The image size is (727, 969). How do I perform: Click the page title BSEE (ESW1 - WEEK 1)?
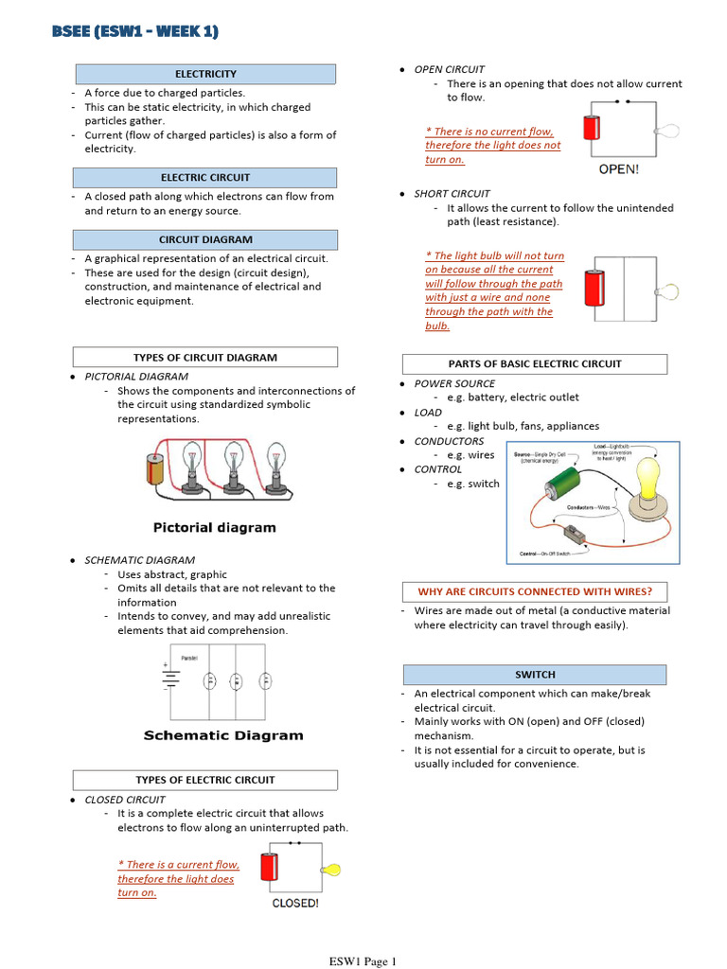pos(135,32)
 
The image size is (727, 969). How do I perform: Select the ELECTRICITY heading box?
pos(205,74)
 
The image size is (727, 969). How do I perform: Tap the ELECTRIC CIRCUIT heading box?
pos(205,178)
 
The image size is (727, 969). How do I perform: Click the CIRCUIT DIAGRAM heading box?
pos(205,240)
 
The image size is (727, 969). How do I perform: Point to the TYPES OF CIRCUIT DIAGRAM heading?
pos(205,358)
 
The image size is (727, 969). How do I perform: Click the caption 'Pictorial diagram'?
pos(215,527)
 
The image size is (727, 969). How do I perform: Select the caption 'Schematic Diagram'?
pos(223,735)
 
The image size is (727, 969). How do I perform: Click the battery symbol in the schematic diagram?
pos(171,677)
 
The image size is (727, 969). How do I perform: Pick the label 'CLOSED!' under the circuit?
pos(295,904)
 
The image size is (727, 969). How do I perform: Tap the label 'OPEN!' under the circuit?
pos(619,170)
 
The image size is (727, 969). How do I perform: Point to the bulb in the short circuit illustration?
pos(669,290)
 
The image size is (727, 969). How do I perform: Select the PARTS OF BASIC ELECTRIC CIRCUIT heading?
pos(535,364)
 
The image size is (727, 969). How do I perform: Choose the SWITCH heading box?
pos(535,675)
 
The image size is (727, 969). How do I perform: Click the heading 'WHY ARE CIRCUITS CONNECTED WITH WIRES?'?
pos(535,591)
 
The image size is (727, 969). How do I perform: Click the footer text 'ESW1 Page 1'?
pos(363,961)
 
